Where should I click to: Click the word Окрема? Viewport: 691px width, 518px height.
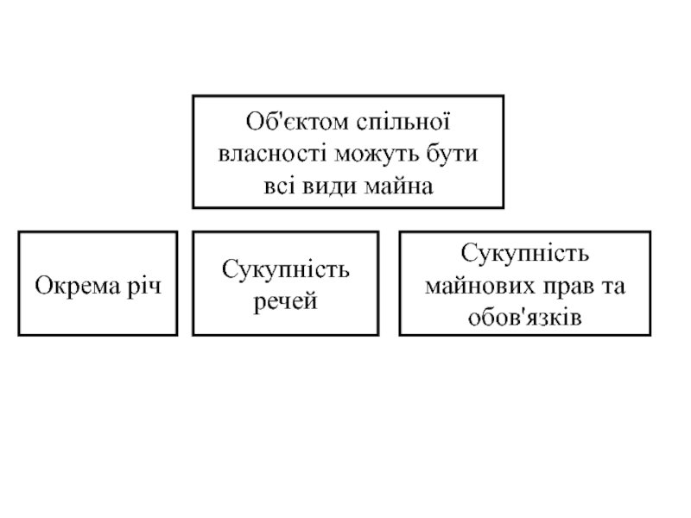72,284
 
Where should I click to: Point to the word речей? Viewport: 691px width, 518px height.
286,301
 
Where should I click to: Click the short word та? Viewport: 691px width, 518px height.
613,286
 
